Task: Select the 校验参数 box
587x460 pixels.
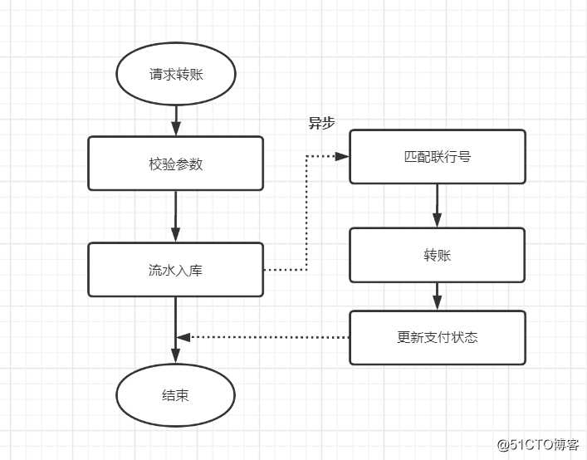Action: click(176, 164)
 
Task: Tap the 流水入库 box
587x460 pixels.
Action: click(176, 270)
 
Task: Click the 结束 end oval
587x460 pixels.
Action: click(176, 395)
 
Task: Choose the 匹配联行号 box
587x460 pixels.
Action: click(437, 156)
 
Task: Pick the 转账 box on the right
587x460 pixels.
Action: click(437, 255)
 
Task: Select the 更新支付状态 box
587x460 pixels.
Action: click(437, 338)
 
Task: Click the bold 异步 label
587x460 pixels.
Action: click(321, 123)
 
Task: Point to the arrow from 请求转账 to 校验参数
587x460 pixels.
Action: click(176, 120)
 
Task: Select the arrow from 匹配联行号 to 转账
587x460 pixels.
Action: click(437, 205)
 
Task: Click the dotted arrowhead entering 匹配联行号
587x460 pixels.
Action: click(342, 156)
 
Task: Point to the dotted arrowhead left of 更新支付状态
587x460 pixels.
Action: click(184, 337)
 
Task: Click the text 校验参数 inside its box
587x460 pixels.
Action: click(176, 164)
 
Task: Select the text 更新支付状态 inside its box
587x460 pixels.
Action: click(437, 338)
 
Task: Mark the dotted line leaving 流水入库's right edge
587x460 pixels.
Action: click(285, 270)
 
